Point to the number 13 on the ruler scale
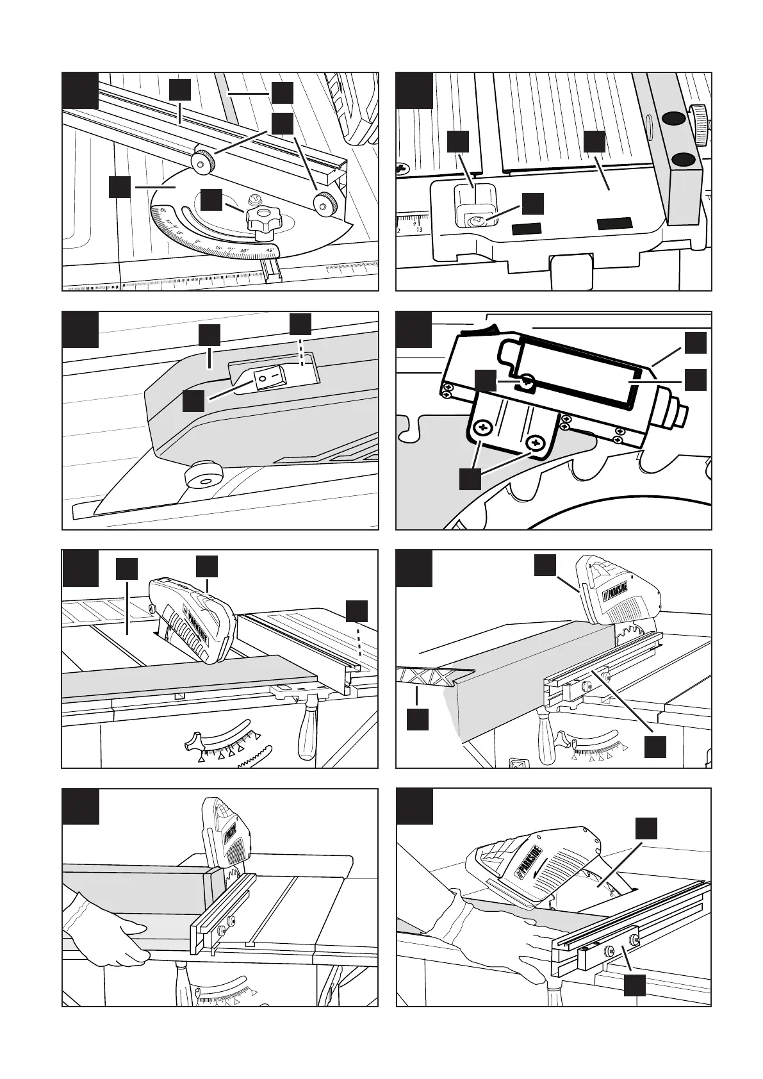click(x=419, y=229)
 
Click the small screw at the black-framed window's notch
click(x=527, y=382)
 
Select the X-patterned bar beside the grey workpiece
click(x=433, y=676)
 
